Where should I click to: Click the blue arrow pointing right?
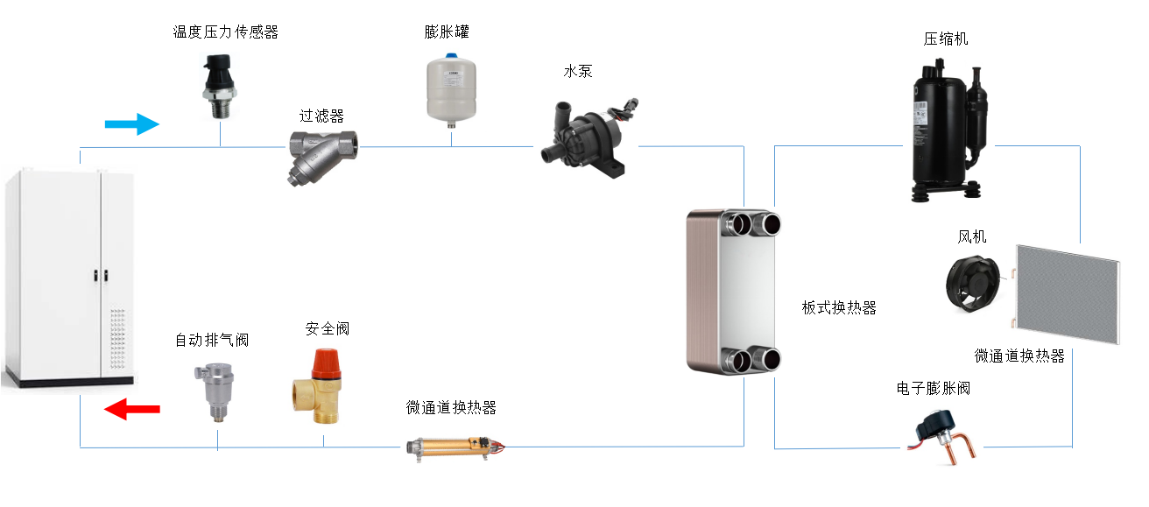(x=132, y=124)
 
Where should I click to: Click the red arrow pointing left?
(x=131, y=408)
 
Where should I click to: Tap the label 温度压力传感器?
(x=225, y=32)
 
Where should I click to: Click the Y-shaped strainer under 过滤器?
(x=321, y=152)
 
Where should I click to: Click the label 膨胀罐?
(x=447, y=32)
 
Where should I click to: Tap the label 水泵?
(x=578, y=72)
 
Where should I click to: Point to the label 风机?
(x=972, y=237)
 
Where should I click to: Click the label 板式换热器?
(x=839, y=307)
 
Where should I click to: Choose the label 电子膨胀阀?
(x=934, y=388)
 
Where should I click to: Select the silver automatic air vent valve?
(x=215, y=394)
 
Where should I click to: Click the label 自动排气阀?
(x=212, y=340)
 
